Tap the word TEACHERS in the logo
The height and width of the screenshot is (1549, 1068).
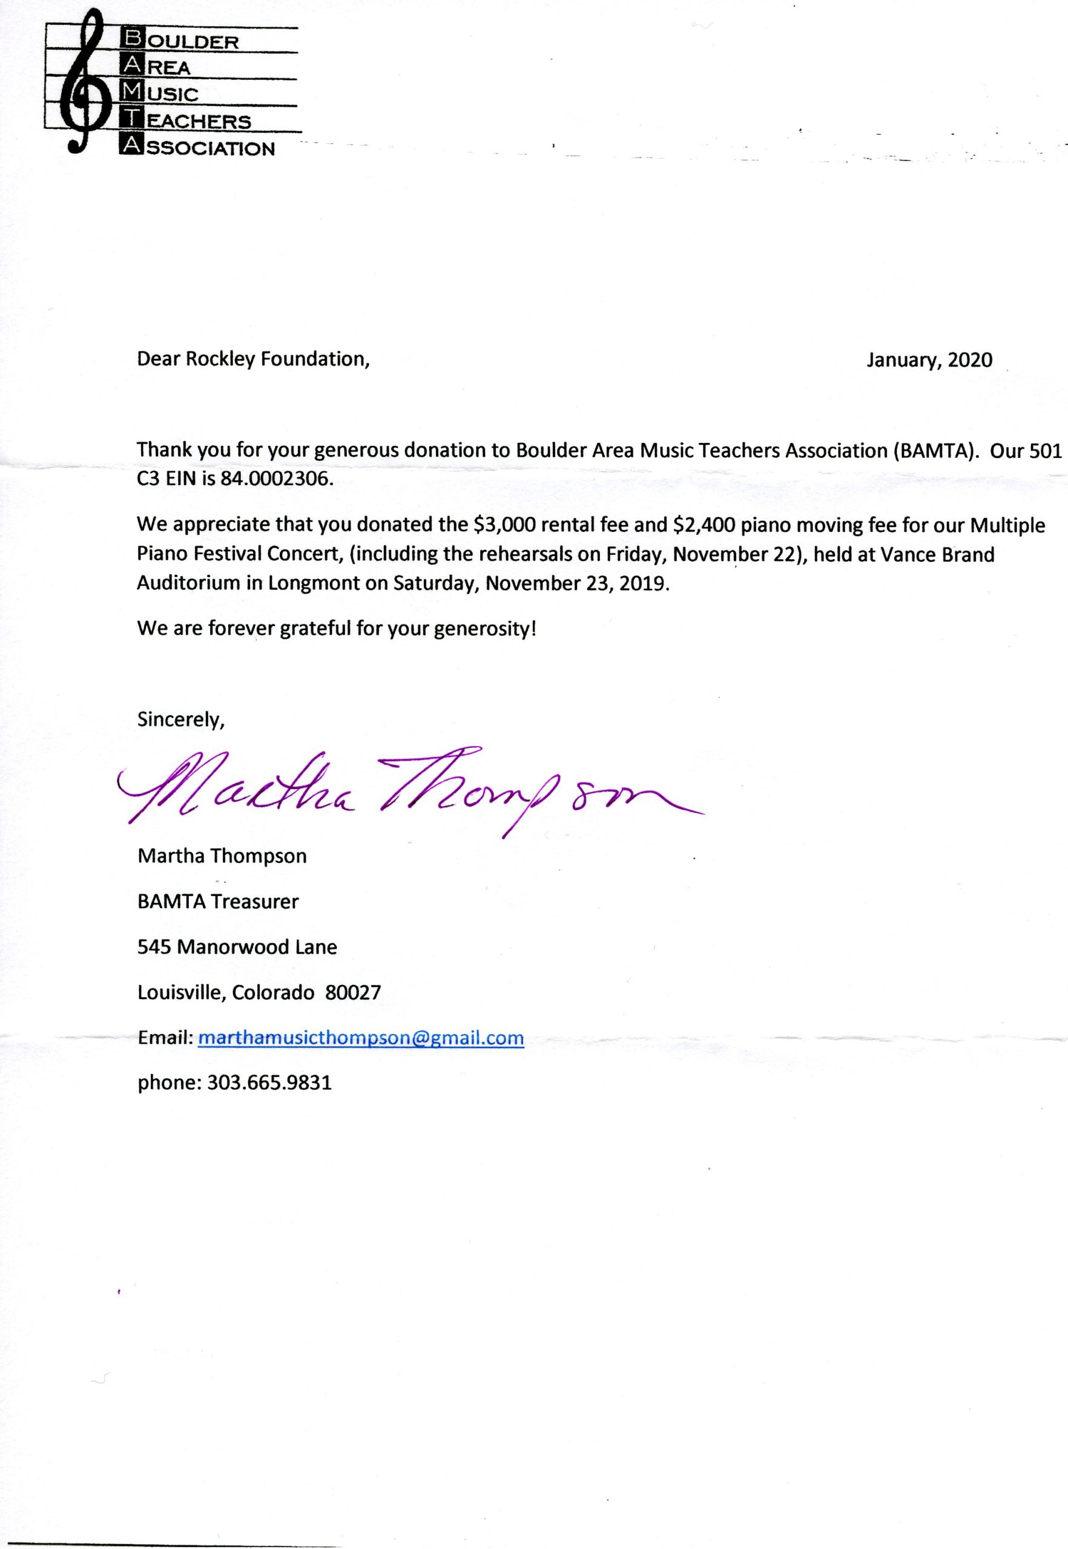coord(185,121)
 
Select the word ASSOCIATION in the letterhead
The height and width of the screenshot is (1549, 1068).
coord(197,148)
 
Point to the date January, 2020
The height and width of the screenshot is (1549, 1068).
coord(929,361)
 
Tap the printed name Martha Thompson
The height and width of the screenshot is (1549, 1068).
coord(222,856)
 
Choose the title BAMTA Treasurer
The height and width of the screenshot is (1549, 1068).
coord(218,902)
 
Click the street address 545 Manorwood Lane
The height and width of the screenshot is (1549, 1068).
coord(237,947)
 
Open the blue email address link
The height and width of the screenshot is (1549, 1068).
coord(361,1038)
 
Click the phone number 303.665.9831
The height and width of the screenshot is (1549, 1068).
coord(269,1083)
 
